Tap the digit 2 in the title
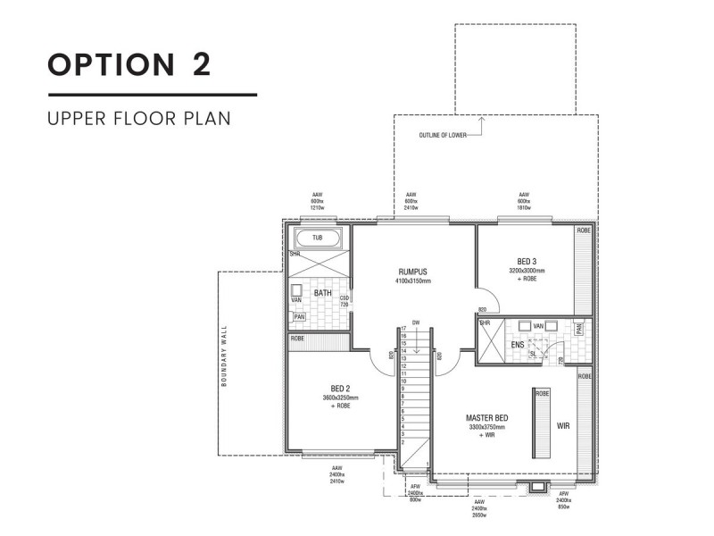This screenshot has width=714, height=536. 199,65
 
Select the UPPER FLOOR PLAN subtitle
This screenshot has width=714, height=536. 139,118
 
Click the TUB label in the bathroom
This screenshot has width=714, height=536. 317,239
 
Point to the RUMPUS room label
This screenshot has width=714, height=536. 413,272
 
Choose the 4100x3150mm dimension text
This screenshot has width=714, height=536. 413,281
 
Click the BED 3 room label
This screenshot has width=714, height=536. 526,261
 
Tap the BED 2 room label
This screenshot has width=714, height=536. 339,389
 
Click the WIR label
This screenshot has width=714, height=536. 562,426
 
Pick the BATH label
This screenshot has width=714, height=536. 323,292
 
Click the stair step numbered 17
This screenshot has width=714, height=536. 403,329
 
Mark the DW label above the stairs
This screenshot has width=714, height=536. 415,322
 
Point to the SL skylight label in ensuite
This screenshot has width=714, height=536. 533,353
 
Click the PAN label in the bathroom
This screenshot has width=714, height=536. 298,316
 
